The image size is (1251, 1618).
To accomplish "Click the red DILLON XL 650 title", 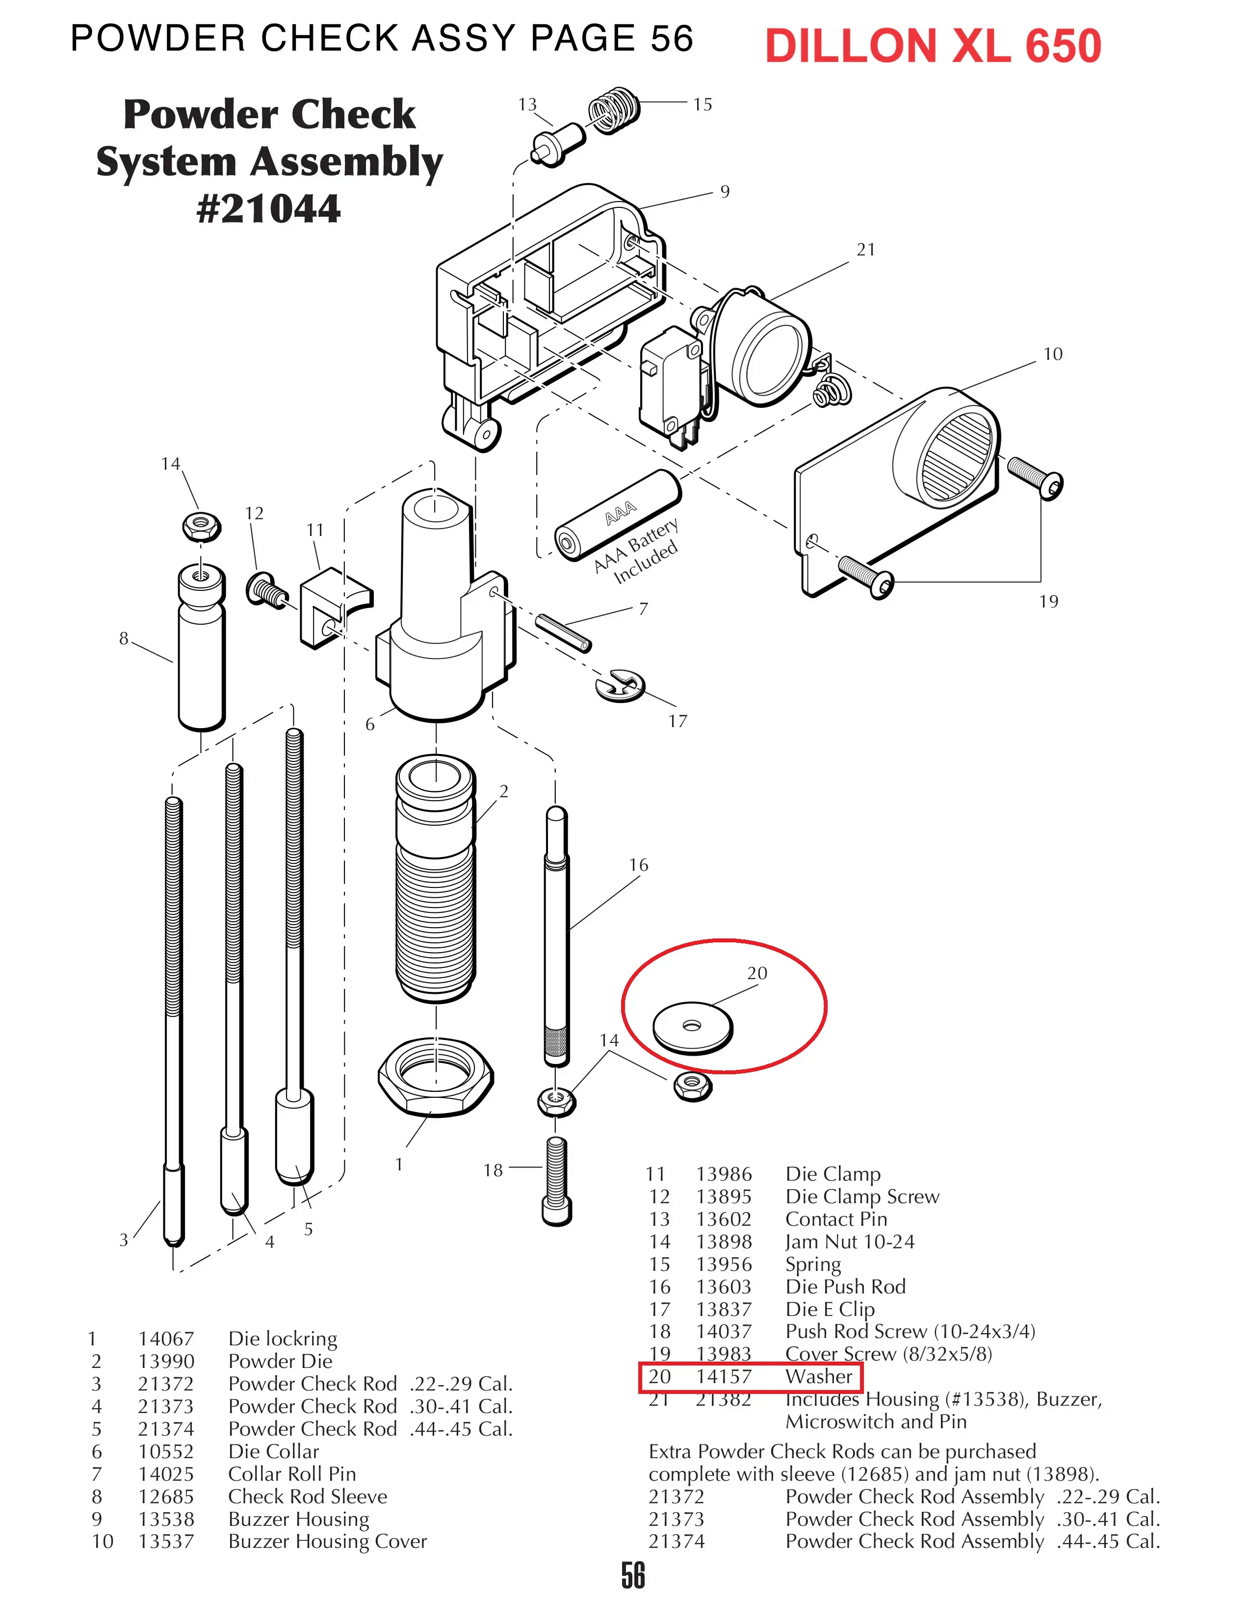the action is (x=933, y=46).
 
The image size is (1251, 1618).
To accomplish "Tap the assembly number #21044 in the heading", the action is (x=269, y=208).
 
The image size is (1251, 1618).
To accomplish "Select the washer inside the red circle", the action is (x=692, y=1027).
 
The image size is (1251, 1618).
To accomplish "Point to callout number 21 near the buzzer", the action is (x=865, y=250).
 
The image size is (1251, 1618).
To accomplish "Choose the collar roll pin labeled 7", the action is (x=563, y=633).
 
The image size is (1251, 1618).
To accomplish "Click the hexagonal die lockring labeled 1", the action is (x=436, y=1076).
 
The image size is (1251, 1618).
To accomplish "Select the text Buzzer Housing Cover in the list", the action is (x=328, y=1541).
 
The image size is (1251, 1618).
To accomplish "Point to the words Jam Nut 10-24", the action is (x=850, y=1241).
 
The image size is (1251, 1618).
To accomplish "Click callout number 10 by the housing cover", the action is (x=1052, y=354).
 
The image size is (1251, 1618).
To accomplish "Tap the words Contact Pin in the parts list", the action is (x=836, y=1219).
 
